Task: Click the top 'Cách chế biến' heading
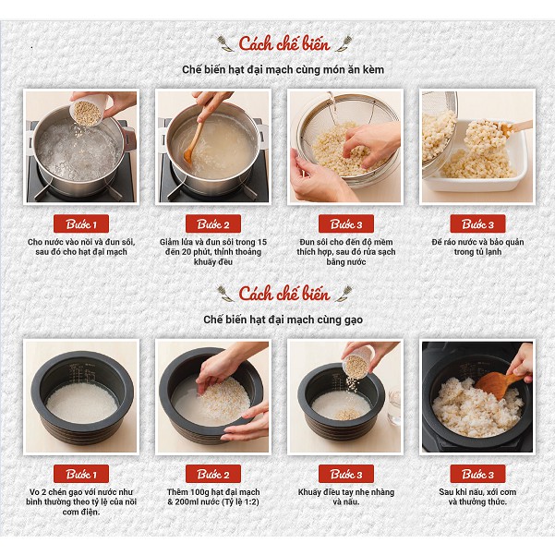pos(284,43)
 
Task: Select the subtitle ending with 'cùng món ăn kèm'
pos(283,69)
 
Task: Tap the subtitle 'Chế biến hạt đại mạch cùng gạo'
pos(284,319)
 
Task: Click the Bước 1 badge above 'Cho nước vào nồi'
pos(81,223)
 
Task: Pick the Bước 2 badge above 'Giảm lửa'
pos(213,223)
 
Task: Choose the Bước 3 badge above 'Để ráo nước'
pos(477,223)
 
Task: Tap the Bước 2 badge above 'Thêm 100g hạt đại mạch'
pos(213,474)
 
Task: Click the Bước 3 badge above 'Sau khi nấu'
pos(477,474)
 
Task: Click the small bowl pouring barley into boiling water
pos(87,112)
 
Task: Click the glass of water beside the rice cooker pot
pos(394,406)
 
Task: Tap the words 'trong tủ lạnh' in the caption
pos(477,252)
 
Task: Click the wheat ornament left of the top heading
pos(225,43)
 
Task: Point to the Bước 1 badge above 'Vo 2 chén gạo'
pos(81,474)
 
